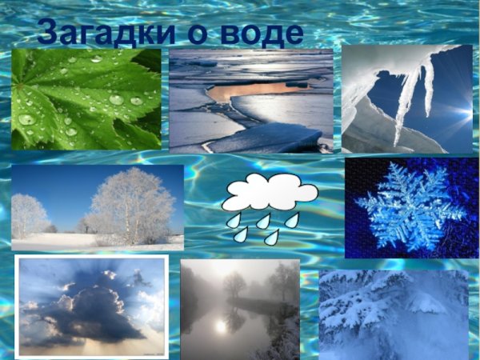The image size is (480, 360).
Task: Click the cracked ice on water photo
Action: (250, 100)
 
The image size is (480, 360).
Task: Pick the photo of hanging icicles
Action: (406, 98)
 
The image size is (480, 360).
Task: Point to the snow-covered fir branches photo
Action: (393, 314)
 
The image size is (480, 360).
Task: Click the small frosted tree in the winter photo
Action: (30, 216)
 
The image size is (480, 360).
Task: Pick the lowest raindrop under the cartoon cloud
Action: (272, 238)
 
